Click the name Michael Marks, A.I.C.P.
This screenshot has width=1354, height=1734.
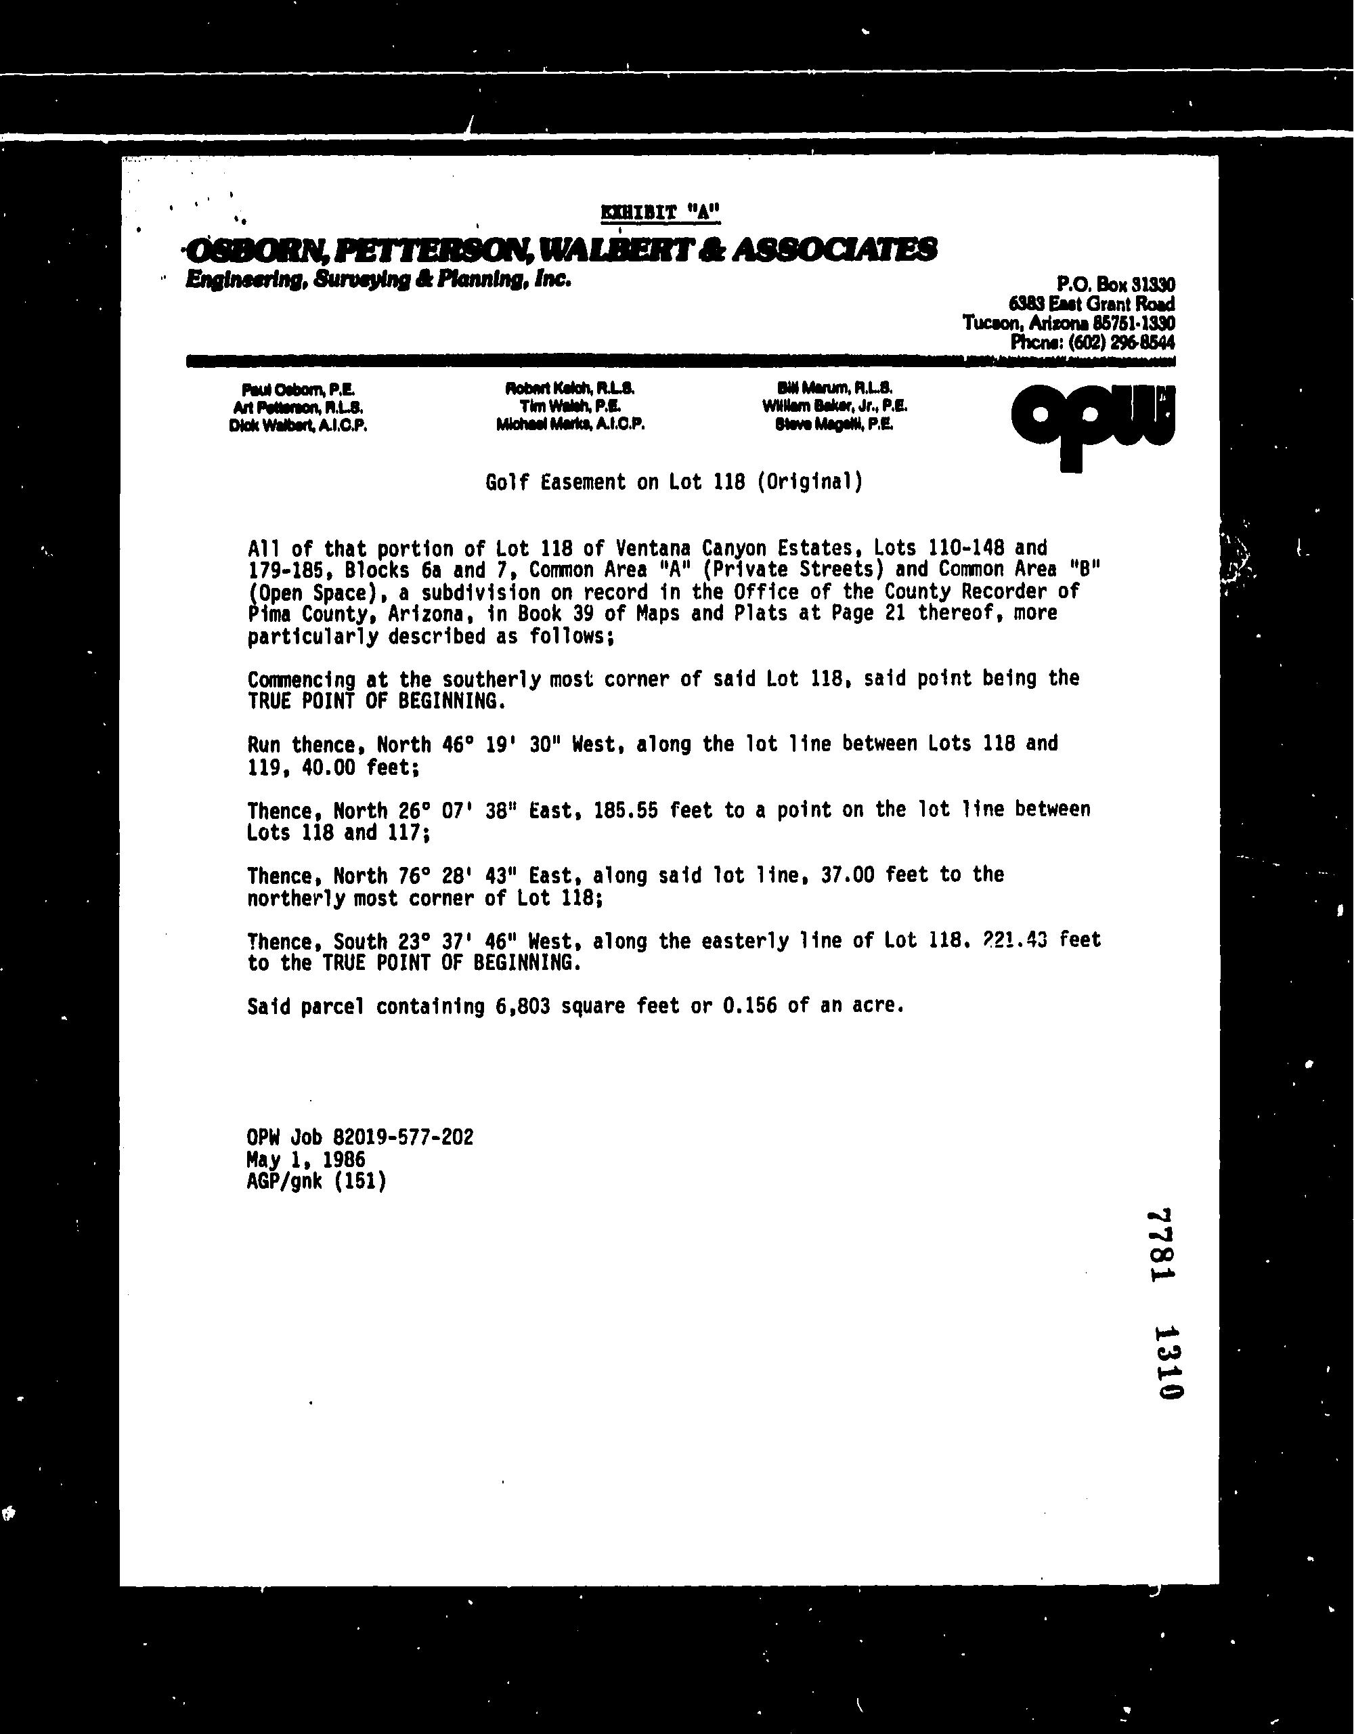click(570, 425)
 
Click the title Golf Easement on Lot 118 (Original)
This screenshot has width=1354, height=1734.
click(674, 482)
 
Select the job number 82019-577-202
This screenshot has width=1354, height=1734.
click(399, 1137)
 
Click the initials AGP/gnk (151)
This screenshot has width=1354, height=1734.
click(317, 1181)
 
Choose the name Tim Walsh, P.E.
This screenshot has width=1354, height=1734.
click(570, 406)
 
